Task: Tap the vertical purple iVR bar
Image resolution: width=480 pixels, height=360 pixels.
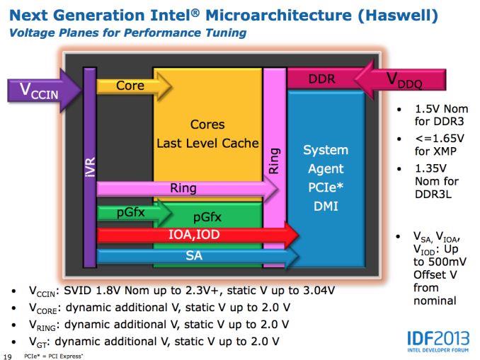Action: [x=90, y=168]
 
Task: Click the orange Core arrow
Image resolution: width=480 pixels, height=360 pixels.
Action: [x=132, y=86]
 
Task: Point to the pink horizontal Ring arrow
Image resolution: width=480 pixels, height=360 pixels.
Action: [x=184, y=189]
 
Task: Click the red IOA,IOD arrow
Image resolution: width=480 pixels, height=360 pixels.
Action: [x=195, y=235]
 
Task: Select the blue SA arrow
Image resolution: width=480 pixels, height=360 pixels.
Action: [x=195, y=255]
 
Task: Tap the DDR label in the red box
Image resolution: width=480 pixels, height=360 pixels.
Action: [x=321, y=79]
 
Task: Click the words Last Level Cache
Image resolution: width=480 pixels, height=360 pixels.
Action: [x=207, y=144]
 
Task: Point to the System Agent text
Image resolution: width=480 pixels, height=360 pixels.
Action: [x=325, y=160]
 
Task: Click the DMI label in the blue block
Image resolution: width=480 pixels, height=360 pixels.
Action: [x=325, y=206]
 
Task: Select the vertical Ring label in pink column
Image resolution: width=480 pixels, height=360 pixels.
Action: [x=274, y=161]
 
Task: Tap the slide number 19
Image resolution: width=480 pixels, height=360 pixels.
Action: [x=8, y=356]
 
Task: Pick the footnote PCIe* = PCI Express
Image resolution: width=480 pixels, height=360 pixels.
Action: [x=53, y=356]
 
